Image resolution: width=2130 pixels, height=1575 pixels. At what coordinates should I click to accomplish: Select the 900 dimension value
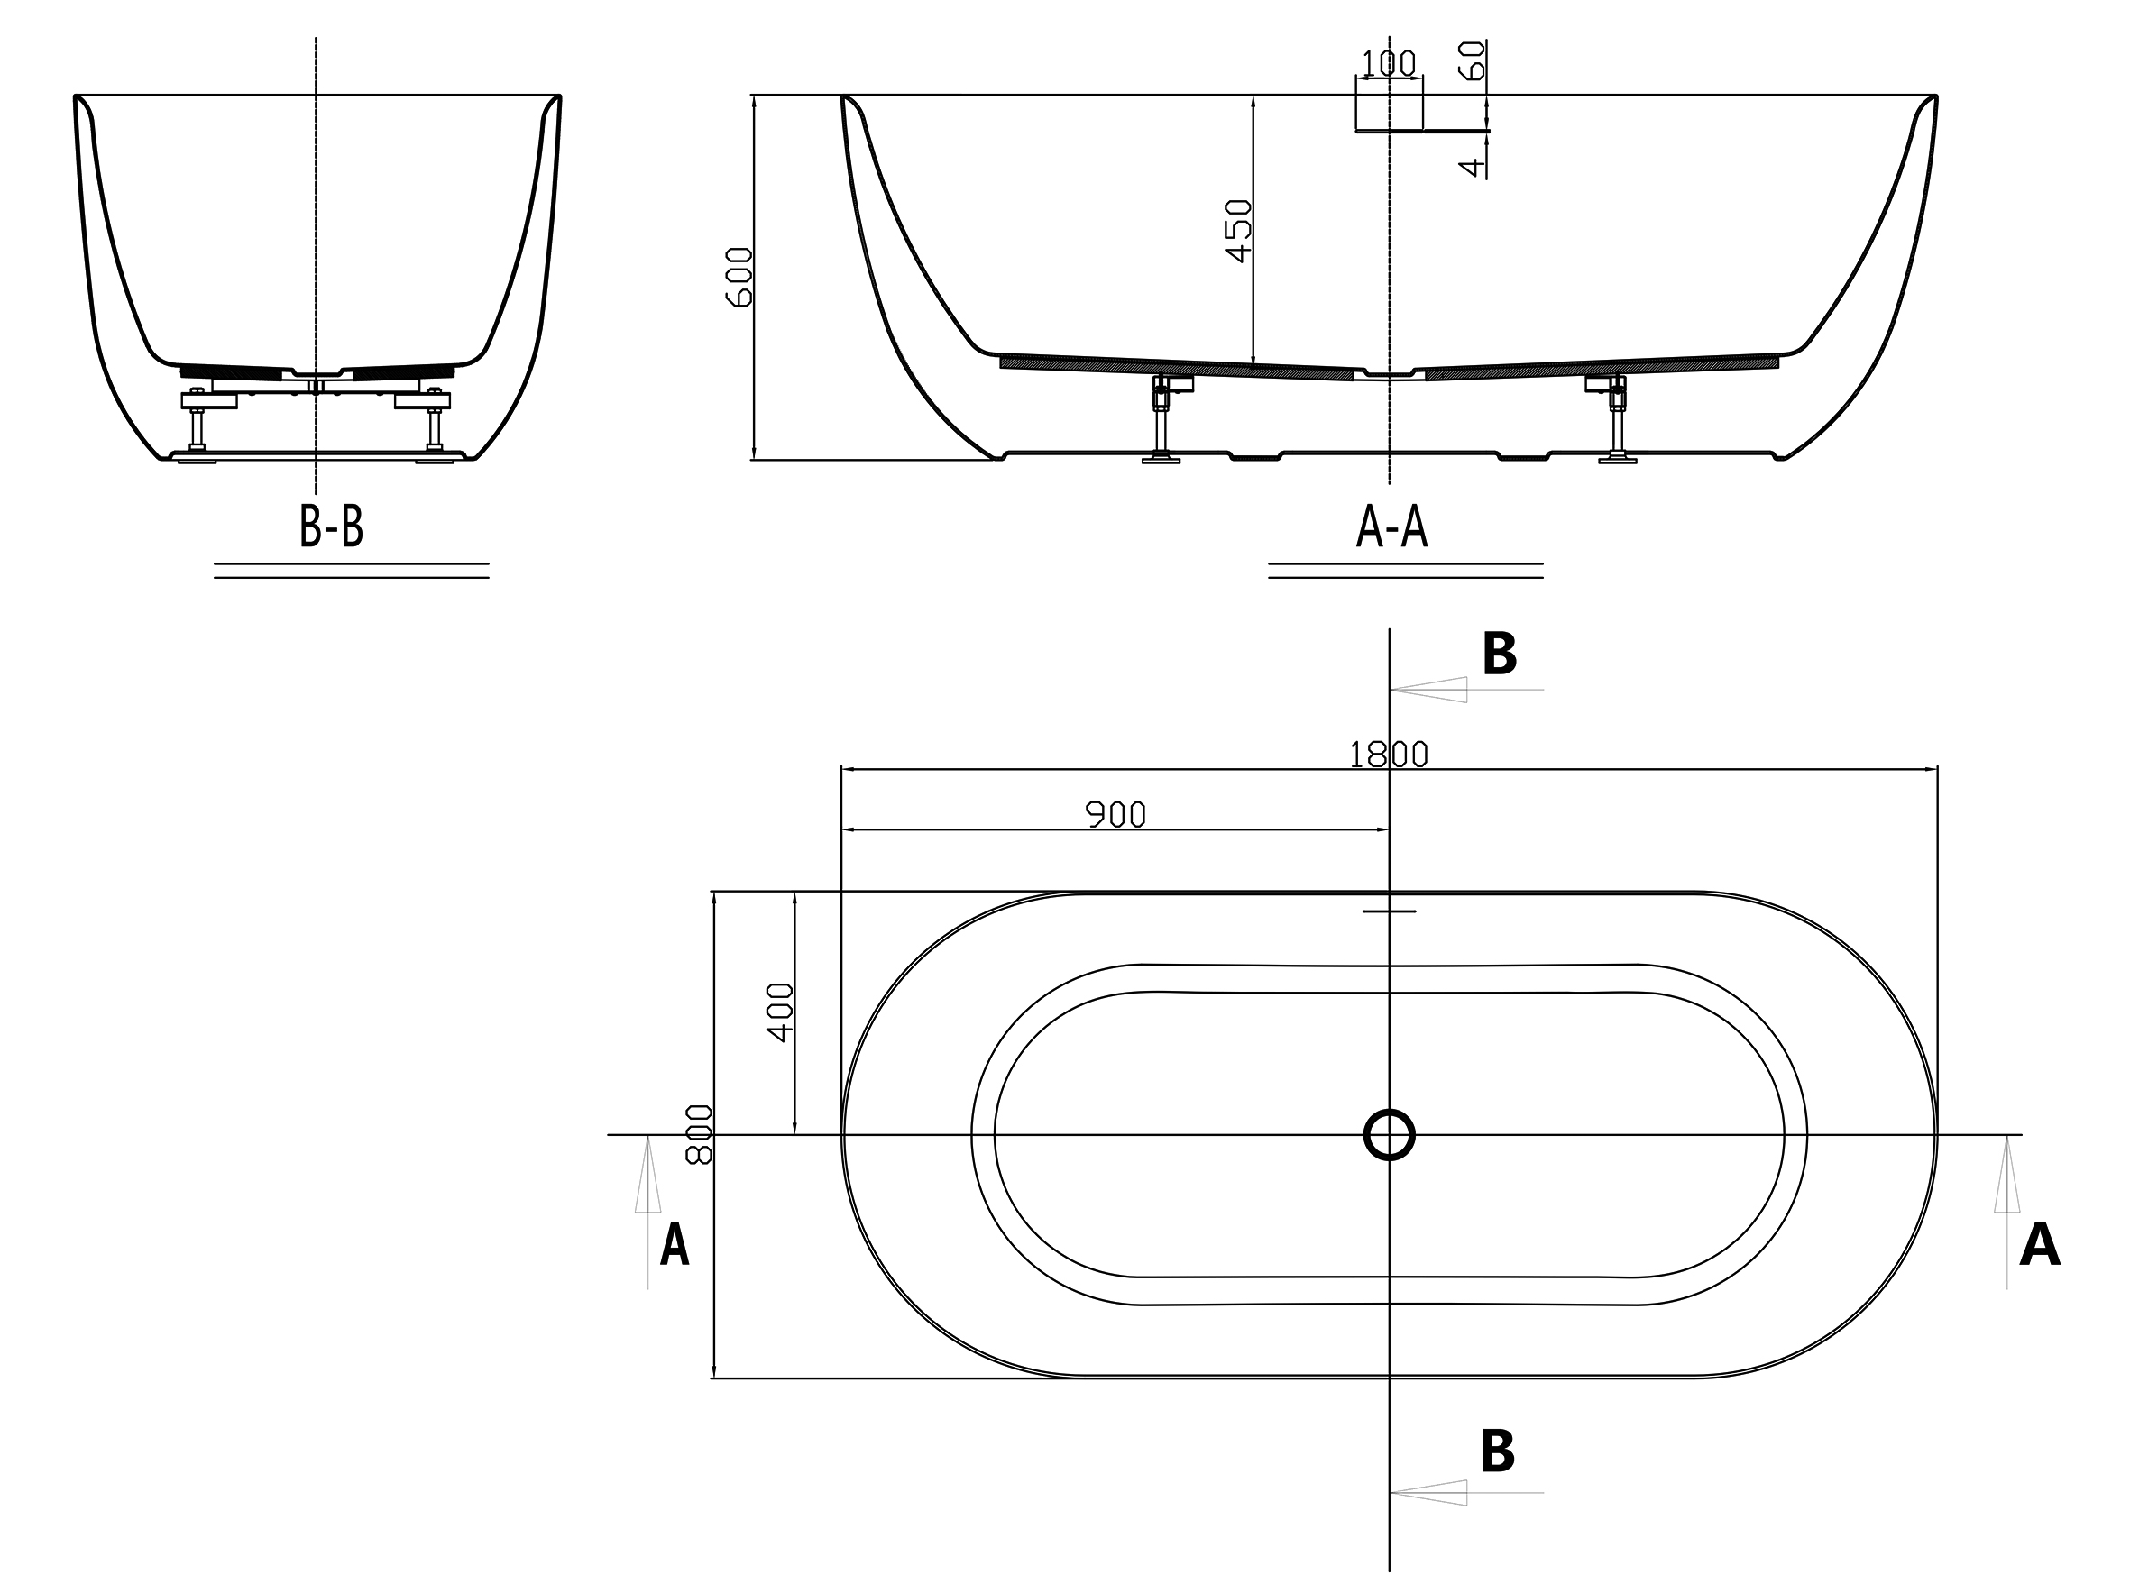click(1115, 815)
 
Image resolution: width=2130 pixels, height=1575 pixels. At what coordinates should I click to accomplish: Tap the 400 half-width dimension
click(780, 1012)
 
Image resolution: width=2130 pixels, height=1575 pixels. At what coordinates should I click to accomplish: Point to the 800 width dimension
click(700, 1134)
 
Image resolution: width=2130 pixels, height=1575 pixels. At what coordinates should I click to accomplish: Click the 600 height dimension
click(739, 277)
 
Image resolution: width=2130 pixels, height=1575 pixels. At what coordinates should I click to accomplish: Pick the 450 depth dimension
click(1237, 231)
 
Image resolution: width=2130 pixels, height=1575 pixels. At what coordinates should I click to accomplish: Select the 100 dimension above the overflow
click(1388, 64)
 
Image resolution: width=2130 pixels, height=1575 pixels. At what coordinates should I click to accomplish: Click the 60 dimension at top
click(1474, 60)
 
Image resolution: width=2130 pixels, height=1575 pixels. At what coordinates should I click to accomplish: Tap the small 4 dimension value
click(1474, 168)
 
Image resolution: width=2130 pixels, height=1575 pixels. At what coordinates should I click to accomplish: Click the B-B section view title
click(331, 527)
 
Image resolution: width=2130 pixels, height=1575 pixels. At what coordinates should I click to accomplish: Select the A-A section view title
click(1391, 527)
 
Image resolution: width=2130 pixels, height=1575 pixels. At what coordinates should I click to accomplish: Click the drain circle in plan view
click(1389, 1134)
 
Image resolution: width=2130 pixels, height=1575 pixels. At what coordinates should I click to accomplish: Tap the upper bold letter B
click(1499, 655)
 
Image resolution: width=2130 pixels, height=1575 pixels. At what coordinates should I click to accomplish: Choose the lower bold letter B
click(1497, 1451)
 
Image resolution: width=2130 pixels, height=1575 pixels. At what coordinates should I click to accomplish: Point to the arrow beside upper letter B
click(1430, 690)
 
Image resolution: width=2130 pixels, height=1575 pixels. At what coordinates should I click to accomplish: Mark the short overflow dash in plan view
click(1389, 911)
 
